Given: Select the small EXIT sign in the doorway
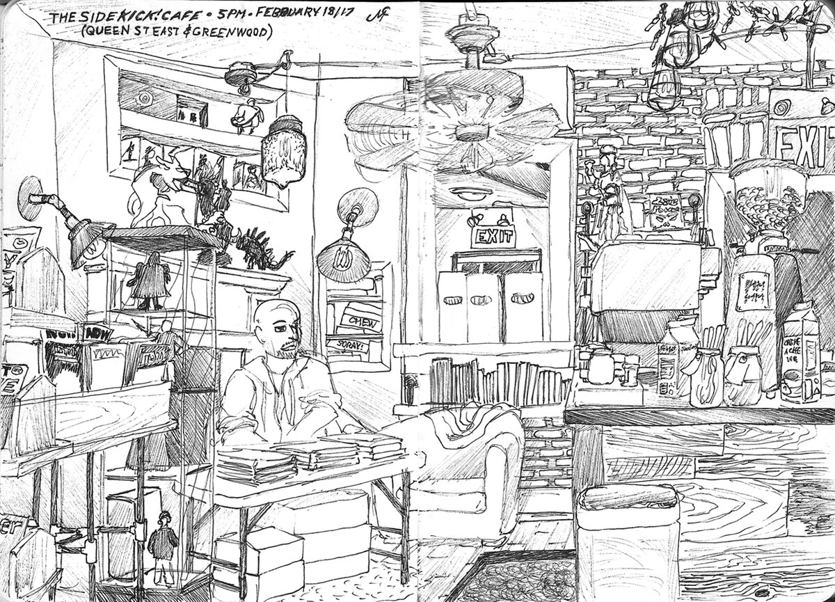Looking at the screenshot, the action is tap(493, 238).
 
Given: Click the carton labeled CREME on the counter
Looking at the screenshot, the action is tap(799, 355).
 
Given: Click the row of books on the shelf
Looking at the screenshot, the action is tap(495, 380).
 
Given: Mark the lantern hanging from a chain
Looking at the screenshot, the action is tap(283, 150).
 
